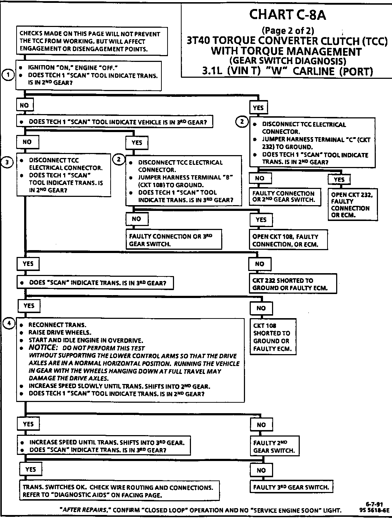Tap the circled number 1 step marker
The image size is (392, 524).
pos(8,75)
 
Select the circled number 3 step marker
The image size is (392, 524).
pos(7,162)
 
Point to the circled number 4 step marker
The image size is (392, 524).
pos(9,324)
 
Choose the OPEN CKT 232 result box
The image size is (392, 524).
pos(352,204)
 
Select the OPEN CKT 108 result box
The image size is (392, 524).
pos(288,240)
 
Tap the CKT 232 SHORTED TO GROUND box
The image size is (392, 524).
pos(293,284)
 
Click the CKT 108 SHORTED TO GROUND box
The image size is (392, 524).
pos(273,337)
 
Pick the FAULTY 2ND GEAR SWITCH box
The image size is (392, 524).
pos(275,447)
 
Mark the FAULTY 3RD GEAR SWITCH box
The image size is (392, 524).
pos(291,487)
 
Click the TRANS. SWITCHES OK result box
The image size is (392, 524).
pos(119,491)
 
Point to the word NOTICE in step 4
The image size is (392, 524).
pos(43,348)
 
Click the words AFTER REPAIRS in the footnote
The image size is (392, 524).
pos(85,510)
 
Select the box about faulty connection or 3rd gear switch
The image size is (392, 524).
pos(174,240)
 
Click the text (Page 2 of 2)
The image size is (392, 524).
pos(288,31)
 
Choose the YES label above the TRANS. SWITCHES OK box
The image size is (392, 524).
pos(31,469)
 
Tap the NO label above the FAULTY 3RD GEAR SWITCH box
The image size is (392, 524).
pos(261,470)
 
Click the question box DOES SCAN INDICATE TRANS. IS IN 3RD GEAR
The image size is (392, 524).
pos(95,283)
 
